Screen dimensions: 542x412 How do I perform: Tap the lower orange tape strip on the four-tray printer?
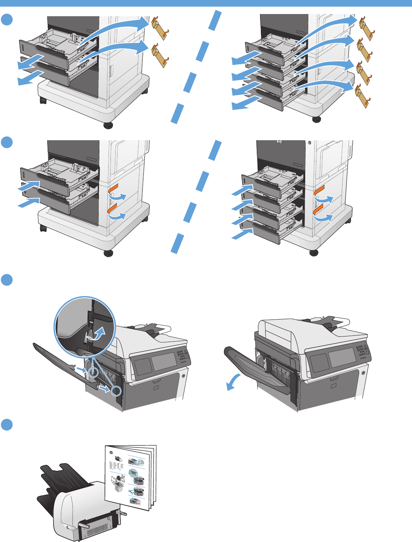(318, 211)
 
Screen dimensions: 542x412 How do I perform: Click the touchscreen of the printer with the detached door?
(164, 362)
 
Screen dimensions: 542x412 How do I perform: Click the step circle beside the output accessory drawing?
(7, 425)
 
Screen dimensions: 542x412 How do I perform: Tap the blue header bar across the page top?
(206, 3)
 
